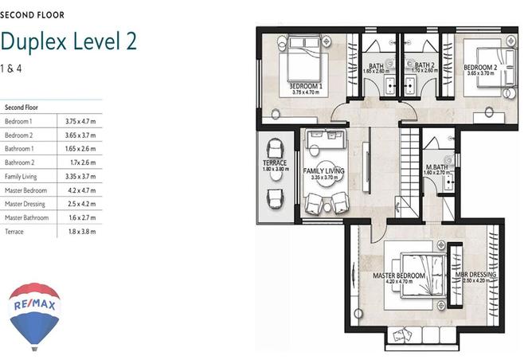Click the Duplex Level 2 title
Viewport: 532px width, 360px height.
68,42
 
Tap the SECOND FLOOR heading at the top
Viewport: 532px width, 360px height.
33,14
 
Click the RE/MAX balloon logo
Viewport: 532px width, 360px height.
34,315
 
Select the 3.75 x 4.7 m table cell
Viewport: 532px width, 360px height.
80,121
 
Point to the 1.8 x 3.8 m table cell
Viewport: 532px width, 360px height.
79,232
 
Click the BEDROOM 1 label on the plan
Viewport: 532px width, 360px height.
305,85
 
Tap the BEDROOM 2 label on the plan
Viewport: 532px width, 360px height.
480,68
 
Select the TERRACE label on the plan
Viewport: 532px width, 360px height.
275,163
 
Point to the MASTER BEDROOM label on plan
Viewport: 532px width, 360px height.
399,276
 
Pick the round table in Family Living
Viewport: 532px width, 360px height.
323,180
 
